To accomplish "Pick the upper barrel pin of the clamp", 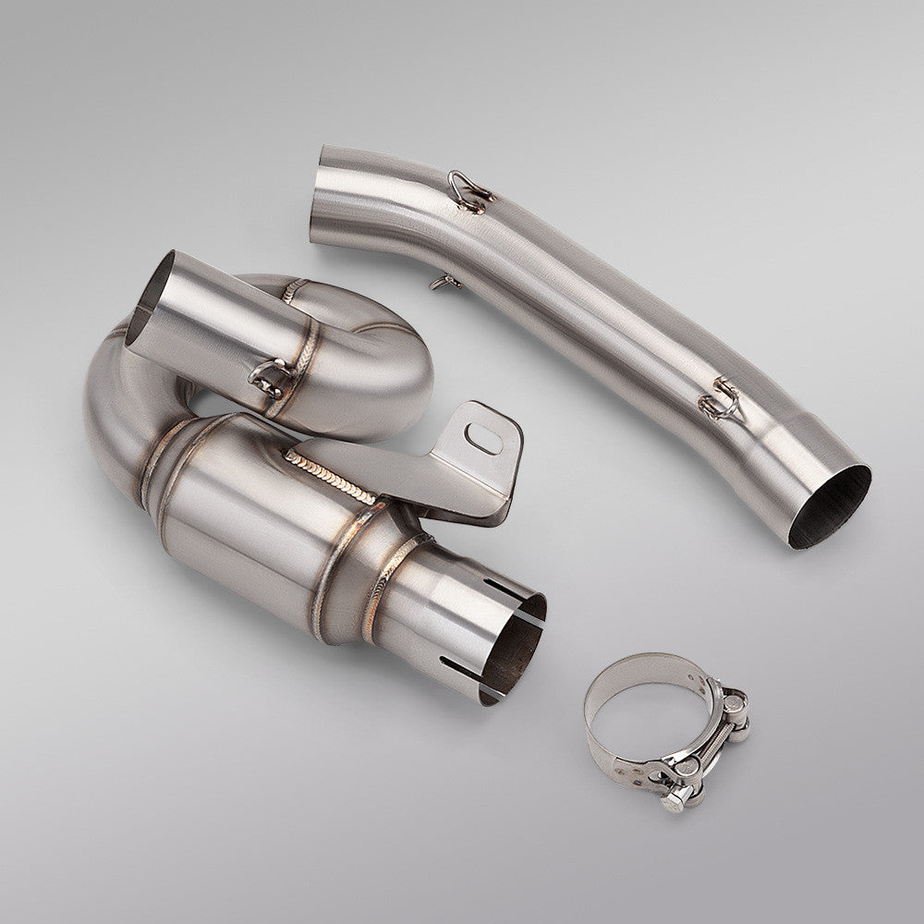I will click(734, 707).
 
